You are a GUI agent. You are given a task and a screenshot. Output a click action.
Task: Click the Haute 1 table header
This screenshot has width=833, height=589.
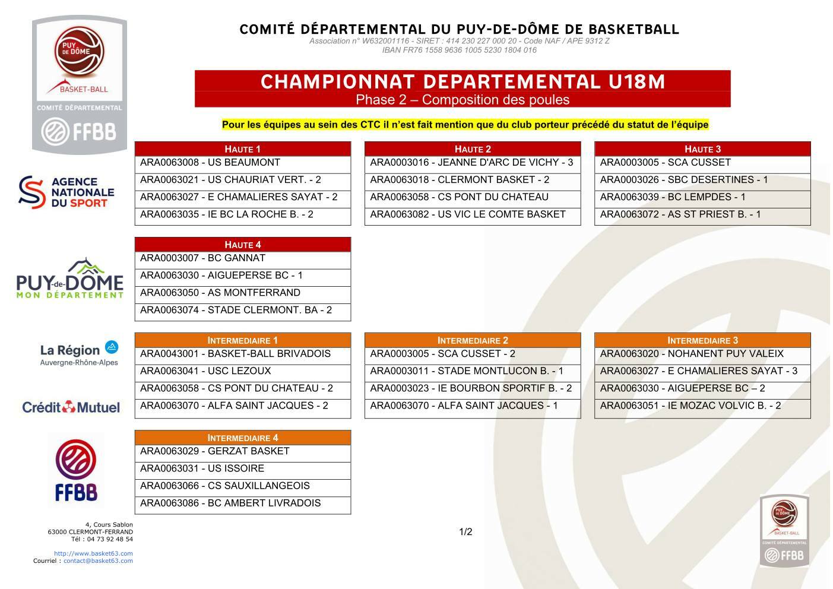(242, 149)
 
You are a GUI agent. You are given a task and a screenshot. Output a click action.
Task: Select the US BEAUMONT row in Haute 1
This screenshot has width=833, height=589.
(242, 163)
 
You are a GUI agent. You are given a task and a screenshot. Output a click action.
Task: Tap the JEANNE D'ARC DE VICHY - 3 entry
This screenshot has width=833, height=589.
(472, 163)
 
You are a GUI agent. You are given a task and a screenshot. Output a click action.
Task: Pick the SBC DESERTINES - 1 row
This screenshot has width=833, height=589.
(702, 180)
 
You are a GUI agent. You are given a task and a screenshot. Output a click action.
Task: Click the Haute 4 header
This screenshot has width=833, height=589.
(242, 245)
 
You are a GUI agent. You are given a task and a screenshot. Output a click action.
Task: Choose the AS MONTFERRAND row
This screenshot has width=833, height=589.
(242, 293)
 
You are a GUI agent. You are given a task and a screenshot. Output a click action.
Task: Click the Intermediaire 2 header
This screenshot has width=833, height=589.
(472, 340)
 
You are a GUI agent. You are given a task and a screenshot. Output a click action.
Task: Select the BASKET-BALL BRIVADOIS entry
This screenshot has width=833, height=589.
(242, 354)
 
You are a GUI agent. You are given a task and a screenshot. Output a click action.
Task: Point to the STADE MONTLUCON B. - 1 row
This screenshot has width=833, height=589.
(472, 371)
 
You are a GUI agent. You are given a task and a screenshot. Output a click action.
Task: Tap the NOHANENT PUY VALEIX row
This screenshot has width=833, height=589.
(702, 354)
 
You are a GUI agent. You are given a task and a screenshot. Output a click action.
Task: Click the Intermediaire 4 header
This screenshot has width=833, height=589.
(242, 438)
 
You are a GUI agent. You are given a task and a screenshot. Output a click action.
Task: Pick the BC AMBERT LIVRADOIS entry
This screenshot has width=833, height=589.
(242, 503)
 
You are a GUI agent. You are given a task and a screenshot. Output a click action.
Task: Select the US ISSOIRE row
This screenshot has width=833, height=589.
(242, 468)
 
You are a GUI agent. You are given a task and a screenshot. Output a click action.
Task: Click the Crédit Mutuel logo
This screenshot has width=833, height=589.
(71, 407)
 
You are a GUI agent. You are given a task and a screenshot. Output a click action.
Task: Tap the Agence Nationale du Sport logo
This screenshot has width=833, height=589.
(66, 192)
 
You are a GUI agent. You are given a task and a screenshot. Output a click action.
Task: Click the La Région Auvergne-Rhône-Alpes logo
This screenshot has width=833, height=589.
(78, 354)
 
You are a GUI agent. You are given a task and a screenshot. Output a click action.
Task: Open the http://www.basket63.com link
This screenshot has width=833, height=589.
(93, 553)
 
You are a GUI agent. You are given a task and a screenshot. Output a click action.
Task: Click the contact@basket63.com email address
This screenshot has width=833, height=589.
(98, 560)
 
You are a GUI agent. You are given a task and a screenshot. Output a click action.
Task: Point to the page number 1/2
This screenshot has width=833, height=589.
(465, 532)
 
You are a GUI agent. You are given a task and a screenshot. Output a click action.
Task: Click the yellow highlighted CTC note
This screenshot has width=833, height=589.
(465, 125)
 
